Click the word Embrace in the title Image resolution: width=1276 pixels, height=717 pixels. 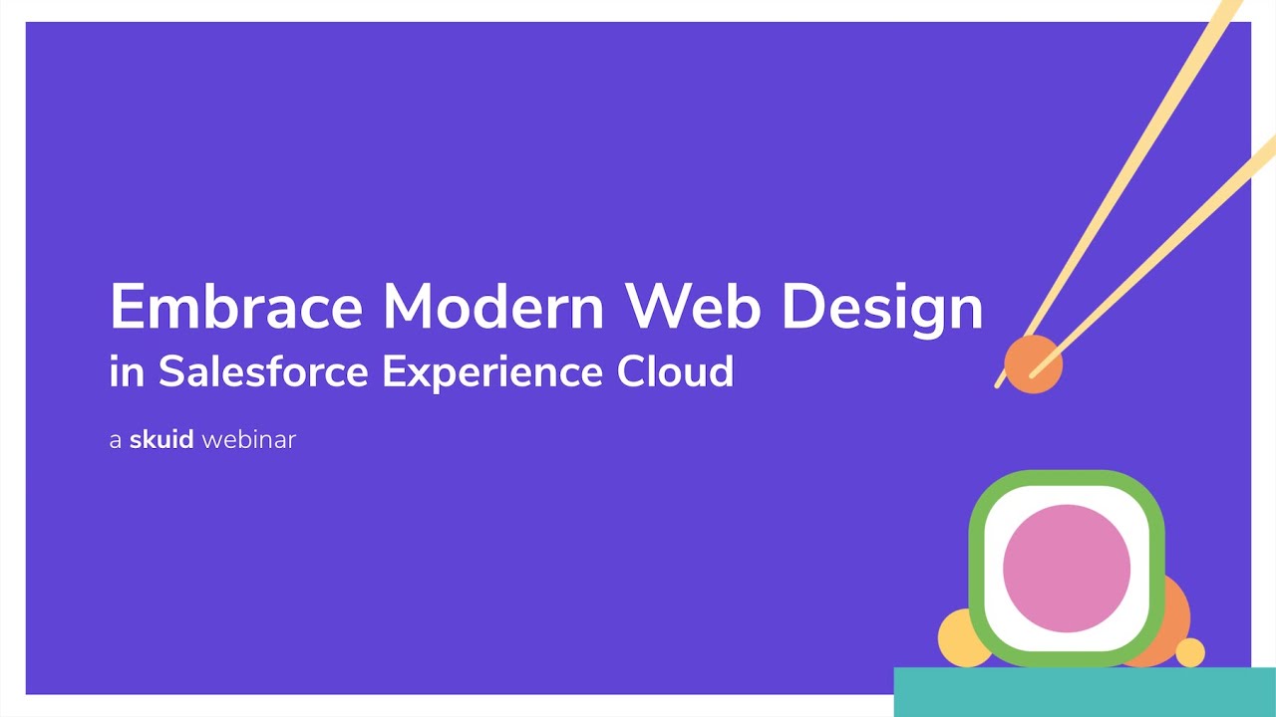coord(235,307)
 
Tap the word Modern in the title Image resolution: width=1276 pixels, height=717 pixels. coord(493,307)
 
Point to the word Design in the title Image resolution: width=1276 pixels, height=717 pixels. coord(882,309)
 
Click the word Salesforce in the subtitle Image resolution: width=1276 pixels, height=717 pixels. coord(264,371)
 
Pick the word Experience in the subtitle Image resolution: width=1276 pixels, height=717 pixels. coord(492,373)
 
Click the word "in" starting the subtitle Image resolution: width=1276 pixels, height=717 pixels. coord(127,372)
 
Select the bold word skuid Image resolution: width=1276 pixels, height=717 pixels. coord(161,439)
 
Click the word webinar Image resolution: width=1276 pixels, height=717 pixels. coord(249,439)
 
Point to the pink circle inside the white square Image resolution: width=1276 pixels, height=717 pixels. coord(1066,568)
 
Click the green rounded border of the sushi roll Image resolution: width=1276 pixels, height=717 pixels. coord(977,568)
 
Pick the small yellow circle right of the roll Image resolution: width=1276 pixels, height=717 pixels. coord(1190,652)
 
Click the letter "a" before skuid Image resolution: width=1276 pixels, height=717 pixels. coord(116,440)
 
